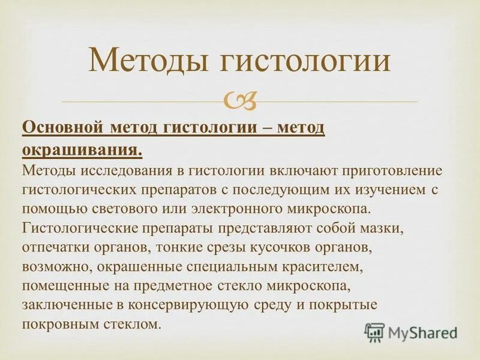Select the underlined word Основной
[64, 128]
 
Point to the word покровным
[59, 325]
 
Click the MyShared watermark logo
[410, 332]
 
